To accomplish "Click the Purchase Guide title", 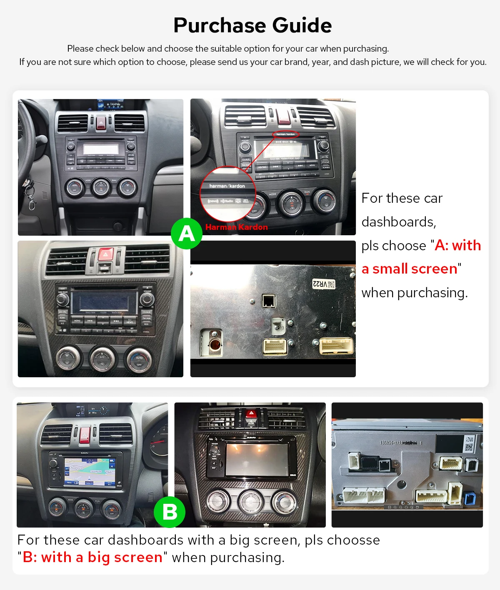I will click(x=252, y=25).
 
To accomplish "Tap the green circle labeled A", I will click(x=187, y=234).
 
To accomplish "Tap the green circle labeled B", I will click(x=169, y=512).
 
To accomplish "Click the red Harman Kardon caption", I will click(x=237, y=227).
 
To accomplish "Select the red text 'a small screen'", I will click(x=410, y=269).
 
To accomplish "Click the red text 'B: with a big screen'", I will click(x=92, y=558).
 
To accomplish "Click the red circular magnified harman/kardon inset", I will click(x=227, y=194).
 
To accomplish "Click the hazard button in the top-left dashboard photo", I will click(x=101, y=122).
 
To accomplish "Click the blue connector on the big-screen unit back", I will click(x=470, y=498).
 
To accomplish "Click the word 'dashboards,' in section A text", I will click(x=399, y=222).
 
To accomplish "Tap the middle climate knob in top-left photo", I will click(x=101, y=188).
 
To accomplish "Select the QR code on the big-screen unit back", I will click(x=469, y=447).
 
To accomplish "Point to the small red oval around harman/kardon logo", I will click(x=285, y=134).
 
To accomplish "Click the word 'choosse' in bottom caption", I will click(x=353, y=540).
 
